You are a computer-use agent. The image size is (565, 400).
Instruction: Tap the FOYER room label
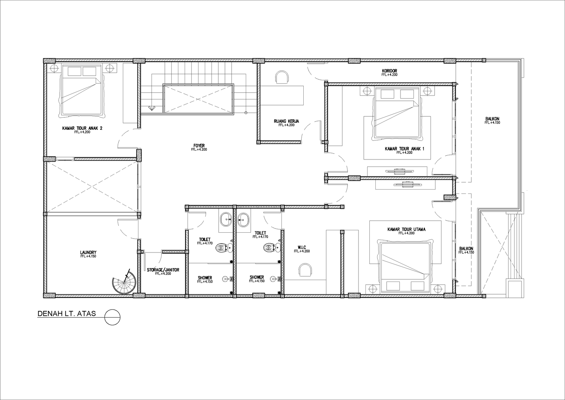(x=199, y=146)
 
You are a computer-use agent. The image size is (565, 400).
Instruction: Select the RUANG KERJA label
(x=286, y=121)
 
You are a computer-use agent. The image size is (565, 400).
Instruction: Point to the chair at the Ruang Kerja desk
(x=282, y=77)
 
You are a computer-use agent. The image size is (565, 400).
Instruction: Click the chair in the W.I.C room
(x=305, y=269)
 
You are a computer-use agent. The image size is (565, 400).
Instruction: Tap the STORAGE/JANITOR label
(x=163, y=270)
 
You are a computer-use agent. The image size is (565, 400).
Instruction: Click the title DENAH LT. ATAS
(x=67, y=314)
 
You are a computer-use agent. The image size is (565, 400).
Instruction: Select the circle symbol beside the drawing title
(x=113, y=317)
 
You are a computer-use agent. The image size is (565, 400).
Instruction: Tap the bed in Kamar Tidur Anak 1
(x=397, y=114)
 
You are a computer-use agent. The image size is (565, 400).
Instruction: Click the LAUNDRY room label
(x=88, y=253)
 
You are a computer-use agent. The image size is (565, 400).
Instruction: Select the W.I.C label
(x=302, y=247)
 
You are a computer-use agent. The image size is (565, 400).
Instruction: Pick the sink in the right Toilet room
(x=243, y=220)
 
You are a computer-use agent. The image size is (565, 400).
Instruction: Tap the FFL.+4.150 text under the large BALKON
(x=492, y=123)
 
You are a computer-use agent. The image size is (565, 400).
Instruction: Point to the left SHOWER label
(x=205, y=278)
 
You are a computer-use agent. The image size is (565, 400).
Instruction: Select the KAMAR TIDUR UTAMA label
(x=406, y=230)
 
